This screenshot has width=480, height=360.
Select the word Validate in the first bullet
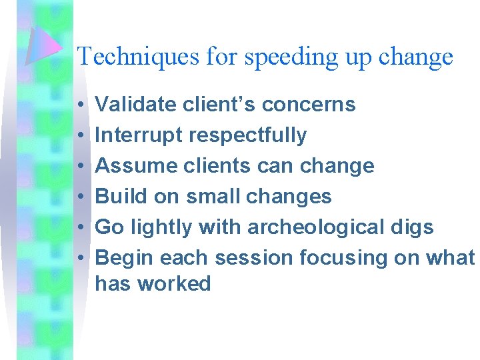click(135, 105)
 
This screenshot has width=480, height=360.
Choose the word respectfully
click(249, 136)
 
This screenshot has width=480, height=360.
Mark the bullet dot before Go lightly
click(79, 227)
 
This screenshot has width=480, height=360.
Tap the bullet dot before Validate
click(79, 105)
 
